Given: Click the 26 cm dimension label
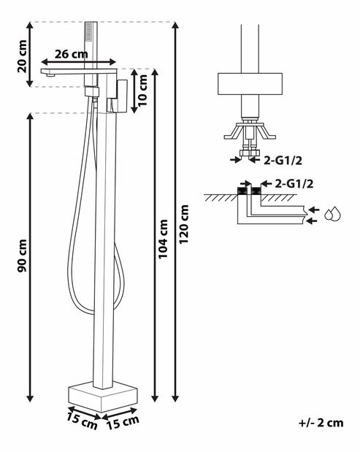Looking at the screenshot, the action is (71, 54).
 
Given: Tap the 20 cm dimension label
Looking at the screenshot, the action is (22, 56).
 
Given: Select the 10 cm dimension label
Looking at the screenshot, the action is (142, 91).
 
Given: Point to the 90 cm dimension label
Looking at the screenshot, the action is (22, 256).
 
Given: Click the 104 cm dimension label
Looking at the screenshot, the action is (163, 239).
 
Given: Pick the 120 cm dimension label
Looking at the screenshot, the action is (183, 224).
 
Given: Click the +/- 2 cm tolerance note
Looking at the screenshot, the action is (321, 423).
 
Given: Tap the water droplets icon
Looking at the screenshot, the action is (333, 214).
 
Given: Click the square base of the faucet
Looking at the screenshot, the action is (103, 397).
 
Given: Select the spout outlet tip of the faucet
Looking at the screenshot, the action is (50, 75).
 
